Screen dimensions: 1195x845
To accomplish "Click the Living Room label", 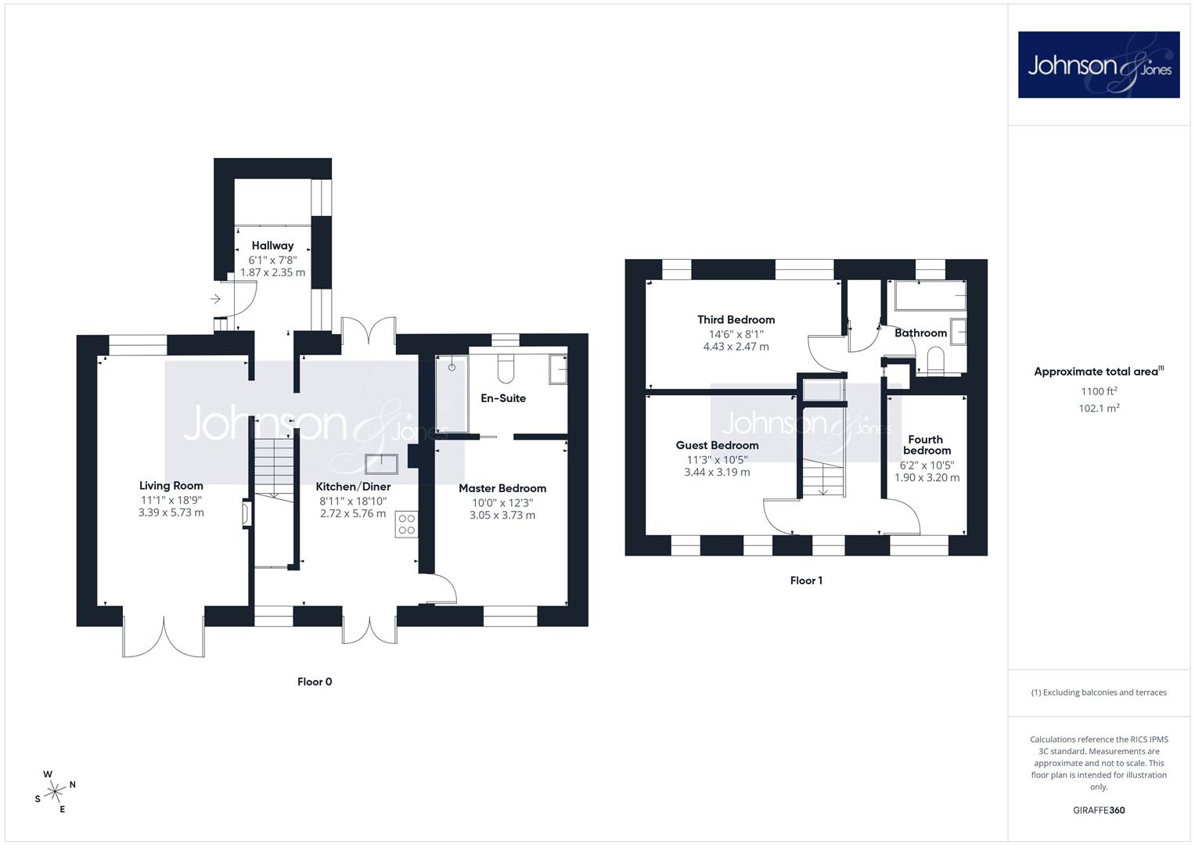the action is coord(171,485).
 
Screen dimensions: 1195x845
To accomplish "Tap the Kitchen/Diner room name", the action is coord(353,487).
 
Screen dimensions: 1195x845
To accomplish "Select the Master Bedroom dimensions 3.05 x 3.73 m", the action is coord(502,516).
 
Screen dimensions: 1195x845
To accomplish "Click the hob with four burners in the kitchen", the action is coord(406,524).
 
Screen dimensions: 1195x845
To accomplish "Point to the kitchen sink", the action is coord(381,464).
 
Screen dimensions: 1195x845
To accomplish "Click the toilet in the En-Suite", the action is coord(506,368).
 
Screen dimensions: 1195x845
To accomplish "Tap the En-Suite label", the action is coord(503,398).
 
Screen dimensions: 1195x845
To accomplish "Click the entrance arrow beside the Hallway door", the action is coord(215,299).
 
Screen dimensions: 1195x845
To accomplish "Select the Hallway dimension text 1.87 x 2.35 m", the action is coord(272,272).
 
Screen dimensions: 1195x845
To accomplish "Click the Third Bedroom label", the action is coord(736,319).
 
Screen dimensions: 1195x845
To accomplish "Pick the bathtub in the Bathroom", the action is coord(930,296).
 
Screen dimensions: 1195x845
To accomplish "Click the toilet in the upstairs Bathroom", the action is coord(935,361).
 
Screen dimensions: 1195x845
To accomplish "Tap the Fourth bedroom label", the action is coord(926,445).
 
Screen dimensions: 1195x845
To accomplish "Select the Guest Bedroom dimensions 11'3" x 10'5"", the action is coord(717,460).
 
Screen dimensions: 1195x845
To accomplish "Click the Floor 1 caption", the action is coord(806,581).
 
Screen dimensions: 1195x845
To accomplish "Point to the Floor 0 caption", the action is coord(315,681).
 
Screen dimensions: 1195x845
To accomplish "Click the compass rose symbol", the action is coord(55,792).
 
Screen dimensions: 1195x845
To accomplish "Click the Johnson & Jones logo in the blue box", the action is coord(1099,64).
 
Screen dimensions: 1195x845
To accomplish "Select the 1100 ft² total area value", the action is coord(1099,391).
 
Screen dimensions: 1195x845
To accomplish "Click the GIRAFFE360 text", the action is coord(1099,811).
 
